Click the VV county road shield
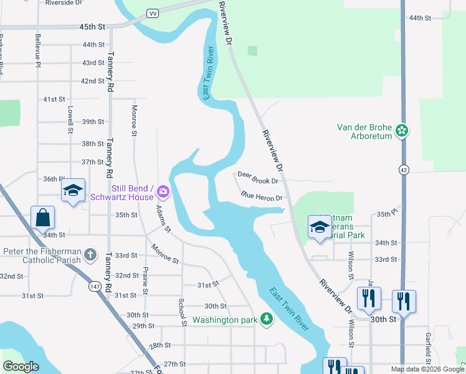[x=152, y=13]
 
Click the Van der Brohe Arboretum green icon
[x=402, y=131]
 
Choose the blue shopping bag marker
[x=42, y=218]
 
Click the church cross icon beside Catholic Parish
[x=90, y=255]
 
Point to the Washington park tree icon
[x=266, y=320]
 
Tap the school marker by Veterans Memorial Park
[x=319, y=227]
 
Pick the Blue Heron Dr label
[x=262, y=197]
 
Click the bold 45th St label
[x=92, y=27]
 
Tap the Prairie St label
[x=145, y=281]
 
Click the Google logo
[x=21, y=367]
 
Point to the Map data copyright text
[x=427, y=369]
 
